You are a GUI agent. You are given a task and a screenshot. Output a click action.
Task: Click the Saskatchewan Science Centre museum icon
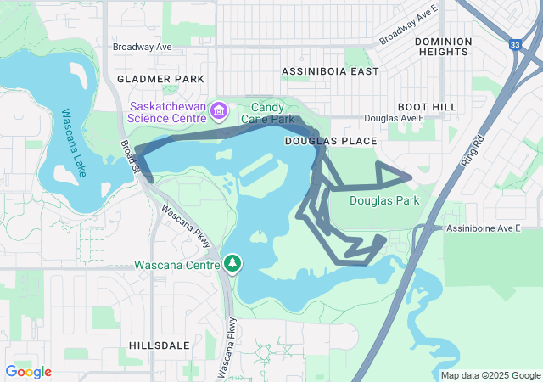pos(219,111)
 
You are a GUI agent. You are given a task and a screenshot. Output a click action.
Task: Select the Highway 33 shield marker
pos(515,45)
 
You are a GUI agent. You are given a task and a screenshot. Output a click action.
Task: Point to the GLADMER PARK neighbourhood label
pos(160,79)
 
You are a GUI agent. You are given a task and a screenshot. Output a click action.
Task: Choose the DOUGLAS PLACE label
pos(319,139)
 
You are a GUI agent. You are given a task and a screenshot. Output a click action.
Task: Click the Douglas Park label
pos(384,201)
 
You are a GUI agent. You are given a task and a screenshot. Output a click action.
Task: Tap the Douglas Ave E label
pos(393,120)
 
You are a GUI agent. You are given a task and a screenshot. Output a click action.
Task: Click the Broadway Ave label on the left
pos(143,48)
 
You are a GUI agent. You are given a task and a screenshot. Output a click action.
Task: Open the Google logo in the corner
pos(28,372)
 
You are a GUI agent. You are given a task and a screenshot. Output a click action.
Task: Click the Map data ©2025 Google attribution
pos(490,375)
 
